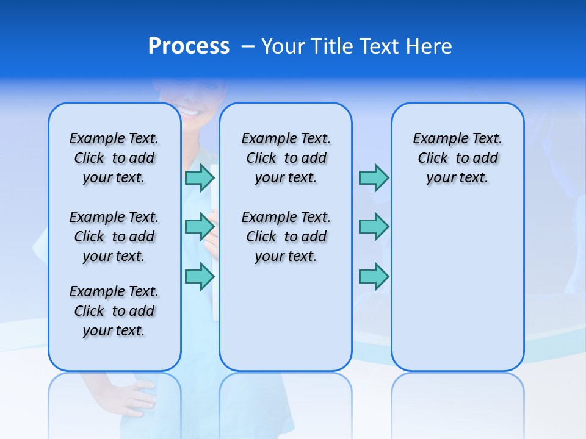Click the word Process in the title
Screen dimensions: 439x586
(189, 46)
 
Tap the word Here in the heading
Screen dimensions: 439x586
(429, 46)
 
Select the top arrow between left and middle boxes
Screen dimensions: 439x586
(200, 177)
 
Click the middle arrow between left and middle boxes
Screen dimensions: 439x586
(200, 227)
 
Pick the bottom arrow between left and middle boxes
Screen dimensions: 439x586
(200, 276)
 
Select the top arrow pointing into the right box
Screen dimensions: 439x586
(374, 177)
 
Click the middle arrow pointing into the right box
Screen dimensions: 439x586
(374, 227)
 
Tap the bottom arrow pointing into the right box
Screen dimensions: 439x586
(374, 277)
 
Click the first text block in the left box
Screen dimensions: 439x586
(114, 158)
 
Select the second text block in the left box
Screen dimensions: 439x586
(114, 237)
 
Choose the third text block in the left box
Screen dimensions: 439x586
(114, 311)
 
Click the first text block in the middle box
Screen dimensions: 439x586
(286, 158)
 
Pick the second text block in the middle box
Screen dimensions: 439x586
(286, 237)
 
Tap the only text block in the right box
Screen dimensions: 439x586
(457, 158)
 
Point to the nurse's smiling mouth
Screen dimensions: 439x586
(189, 112)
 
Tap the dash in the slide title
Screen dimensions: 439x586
(248, 46)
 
